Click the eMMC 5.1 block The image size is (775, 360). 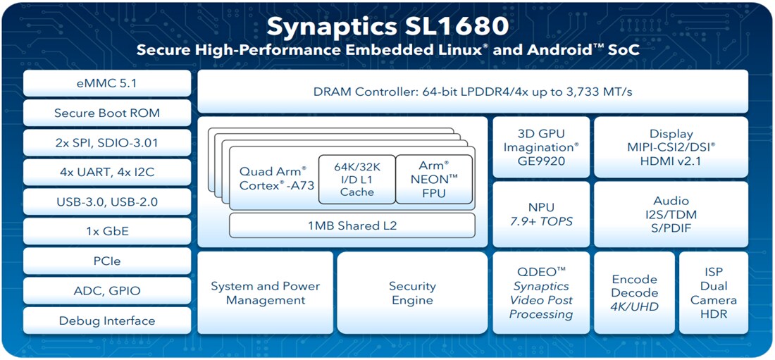pyautogui.click(x=107, y=83)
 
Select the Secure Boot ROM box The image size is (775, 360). pyautogui.click(x=107, y=113)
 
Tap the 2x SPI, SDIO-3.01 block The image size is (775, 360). pyautogui.click(x=107, y=142)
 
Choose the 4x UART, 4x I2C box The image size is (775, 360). pyautogui.click(x=107, y=172)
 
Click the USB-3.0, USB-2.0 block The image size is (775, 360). pyautogui.click(x=107, y=201)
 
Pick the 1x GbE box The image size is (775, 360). pyautogui.click(x=107, y=231)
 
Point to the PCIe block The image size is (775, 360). pyautogui.click(x=107, y=261)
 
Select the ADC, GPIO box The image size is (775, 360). pyautogui.click(x=107, y=290)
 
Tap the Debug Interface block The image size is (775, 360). pyautogui.click(x=107, y=321)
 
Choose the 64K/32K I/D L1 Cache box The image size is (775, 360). pyautogui.click(x=356, y=179)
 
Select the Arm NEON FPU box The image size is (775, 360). pyautogui.click(x=435, y=179)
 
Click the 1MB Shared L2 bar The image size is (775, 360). pyautogui.click(x=352, y=225)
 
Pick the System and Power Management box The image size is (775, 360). pyautogui.click(x=265, y=293)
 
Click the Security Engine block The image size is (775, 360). pyautogui.click(x=412, y=293)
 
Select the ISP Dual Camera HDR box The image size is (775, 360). pyautogui.click(x=713, y=293)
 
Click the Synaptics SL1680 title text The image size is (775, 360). pyautogui.click(x=387, y=27)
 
